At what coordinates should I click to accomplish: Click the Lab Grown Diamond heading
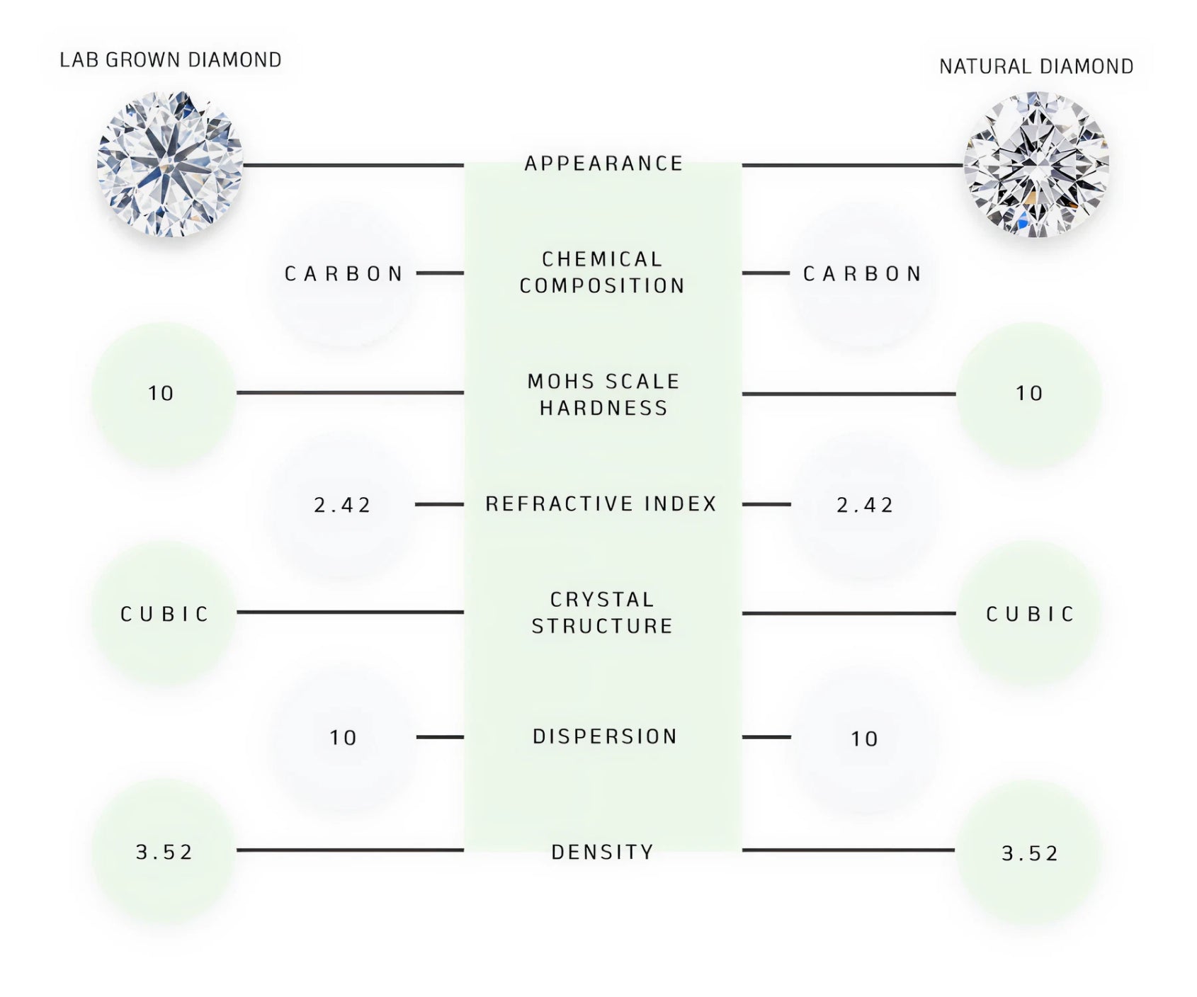[x=170, y=60]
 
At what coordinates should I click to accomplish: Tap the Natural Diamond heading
[x=1036, y=67]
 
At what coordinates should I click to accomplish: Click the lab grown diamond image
[x=170, y=164]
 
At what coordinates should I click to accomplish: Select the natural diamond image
[x=1036, y=164]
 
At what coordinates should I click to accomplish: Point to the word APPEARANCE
[x=603, y=164]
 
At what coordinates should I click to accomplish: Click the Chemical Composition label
[x=602, y=273]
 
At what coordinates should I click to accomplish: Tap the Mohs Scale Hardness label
[x=603, y=394]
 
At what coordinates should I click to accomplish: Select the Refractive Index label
[x=601, y=504]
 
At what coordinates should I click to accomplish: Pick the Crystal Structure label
[x=602, y=613]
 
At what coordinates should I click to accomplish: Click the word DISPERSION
[x=605, y=736]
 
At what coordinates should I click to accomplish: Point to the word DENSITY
[x=602, y=852]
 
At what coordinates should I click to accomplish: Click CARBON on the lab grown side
[x=344, y=274]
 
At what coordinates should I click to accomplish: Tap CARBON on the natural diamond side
[x=863, y=274]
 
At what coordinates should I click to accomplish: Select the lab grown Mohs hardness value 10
[x=161, y=394]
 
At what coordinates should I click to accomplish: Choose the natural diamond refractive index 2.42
[x=865, y=506]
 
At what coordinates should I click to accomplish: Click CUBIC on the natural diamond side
[x=1031, y=614]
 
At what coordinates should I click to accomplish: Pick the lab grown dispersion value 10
[x=344, y=738]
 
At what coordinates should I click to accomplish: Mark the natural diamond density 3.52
[x=1030, y=854]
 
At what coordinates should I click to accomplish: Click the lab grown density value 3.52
[x=164, y=853]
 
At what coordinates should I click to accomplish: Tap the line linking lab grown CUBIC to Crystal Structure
[x=350, y=612]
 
